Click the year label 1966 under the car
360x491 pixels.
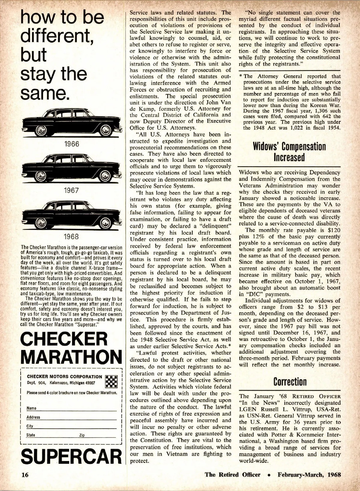coord(72,144)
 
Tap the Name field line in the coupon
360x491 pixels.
coord(72,409)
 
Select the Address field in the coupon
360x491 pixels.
coord(72,418)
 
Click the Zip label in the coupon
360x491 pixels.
coord(82,435)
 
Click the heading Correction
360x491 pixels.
coord(290,382)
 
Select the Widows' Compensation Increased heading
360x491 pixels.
coord(289,152)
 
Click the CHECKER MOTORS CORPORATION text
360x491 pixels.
coord(64,377)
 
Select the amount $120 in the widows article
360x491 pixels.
coord(334,230)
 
